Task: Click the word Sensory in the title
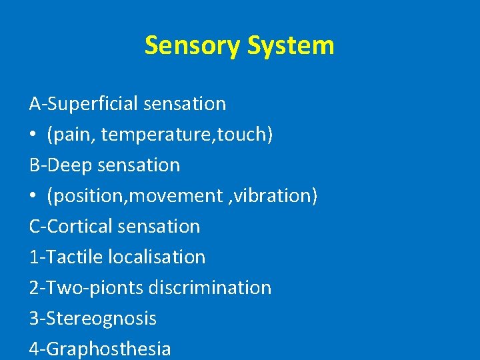[x=193, y=45]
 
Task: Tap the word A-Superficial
[x=84, y=104]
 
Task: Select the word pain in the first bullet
[x=67, y=135]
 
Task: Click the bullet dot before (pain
[x=33, y=135]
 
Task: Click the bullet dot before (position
[x=33, y=197]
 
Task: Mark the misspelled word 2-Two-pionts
[x=86, y=287]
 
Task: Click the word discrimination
[x=210, y=287]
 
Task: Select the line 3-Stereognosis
[x=93, y=318]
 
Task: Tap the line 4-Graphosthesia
[x=100, y=349]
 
